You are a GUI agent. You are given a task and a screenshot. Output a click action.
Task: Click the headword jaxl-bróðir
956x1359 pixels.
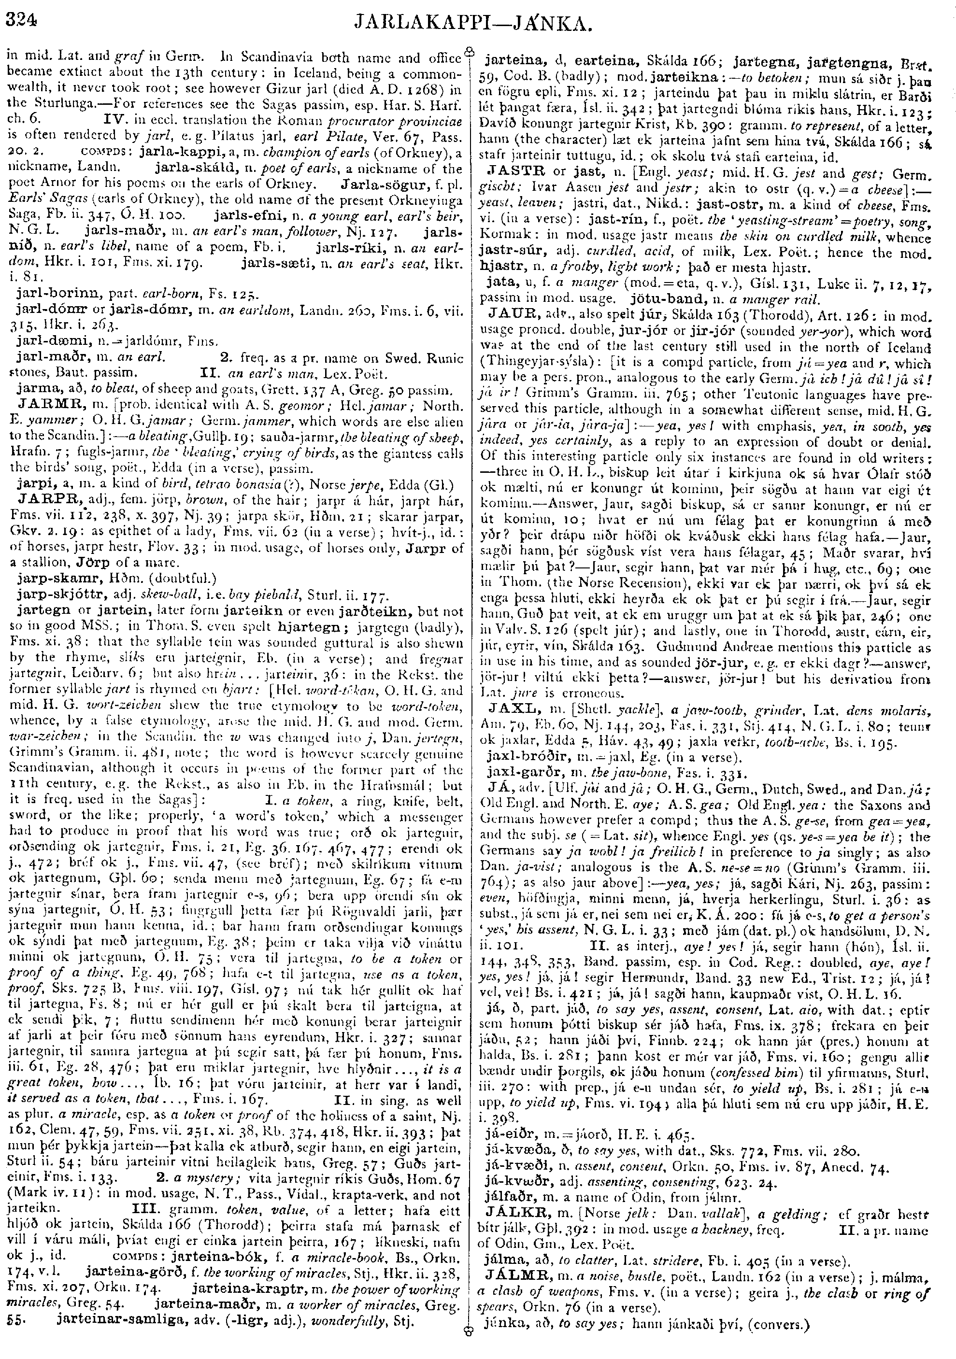click(x=524, y=757)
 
